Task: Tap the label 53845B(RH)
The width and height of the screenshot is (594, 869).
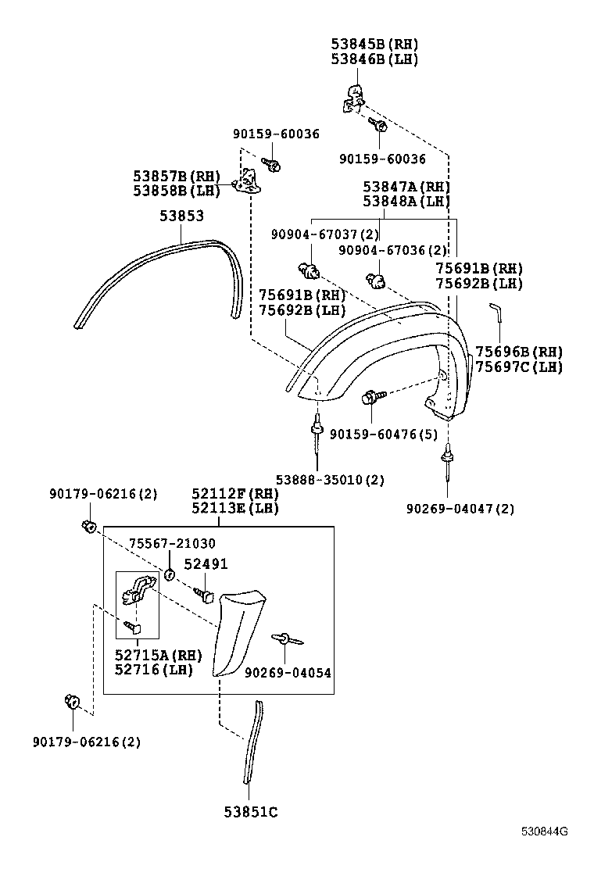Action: point(374,44)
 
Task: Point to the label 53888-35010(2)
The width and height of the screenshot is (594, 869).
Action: point(330,479)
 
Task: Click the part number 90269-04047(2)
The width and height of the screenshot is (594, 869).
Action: point(460,509)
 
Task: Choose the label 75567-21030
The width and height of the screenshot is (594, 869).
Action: point(172,543)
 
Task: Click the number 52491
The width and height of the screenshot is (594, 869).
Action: point(206,564)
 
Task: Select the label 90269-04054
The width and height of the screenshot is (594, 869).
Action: point(288,673)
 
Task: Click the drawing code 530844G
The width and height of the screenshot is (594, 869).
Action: point(545,853)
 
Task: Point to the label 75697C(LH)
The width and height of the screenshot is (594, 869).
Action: point(518,367)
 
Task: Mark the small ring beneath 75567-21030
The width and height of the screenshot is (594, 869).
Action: point(169,575)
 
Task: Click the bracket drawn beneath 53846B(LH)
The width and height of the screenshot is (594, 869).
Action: point(353,98)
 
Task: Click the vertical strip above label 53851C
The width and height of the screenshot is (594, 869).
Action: point(252,742)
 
